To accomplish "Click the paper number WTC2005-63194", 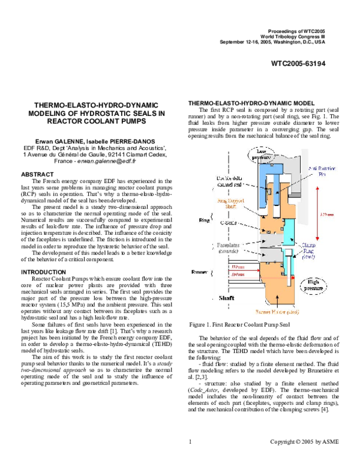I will click(298, 62).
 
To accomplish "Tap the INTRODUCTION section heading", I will click(47, 271).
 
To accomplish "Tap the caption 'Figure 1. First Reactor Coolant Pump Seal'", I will click(239, 325).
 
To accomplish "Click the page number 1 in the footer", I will click(189, 441).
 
